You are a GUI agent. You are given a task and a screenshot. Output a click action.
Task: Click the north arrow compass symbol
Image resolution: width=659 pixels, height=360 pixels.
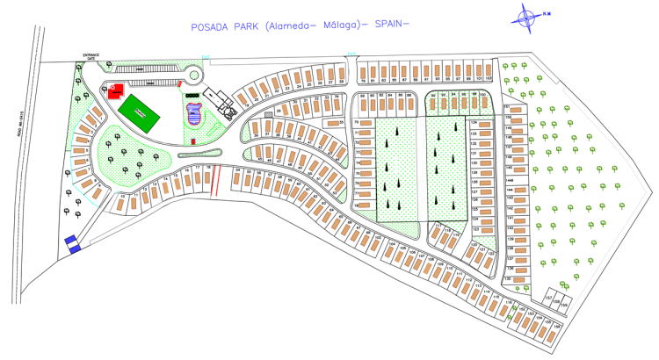click(x=527, y=15)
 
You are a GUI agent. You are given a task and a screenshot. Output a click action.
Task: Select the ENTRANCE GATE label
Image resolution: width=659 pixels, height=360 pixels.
click(x=92, y=58)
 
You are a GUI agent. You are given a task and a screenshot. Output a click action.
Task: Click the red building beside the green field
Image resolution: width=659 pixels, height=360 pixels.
click(x=113, y=90)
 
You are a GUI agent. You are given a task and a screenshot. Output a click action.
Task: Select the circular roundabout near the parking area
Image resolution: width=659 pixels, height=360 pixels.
click(x=192, y=72)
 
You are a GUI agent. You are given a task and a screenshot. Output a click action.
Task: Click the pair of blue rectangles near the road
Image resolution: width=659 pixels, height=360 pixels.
click(x=72, y=243)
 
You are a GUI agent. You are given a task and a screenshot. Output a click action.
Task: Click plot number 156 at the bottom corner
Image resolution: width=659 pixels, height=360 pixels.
click(x=555, y=330)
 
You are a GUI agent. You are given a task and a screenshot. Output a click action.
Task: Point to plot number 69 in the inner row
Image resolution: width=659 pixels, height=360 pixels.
click(x=361, y=99)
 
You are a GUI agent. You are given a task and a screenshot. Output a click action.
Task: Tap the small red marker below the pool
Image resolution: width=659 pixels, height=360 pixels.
click(x=192, y=140)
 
